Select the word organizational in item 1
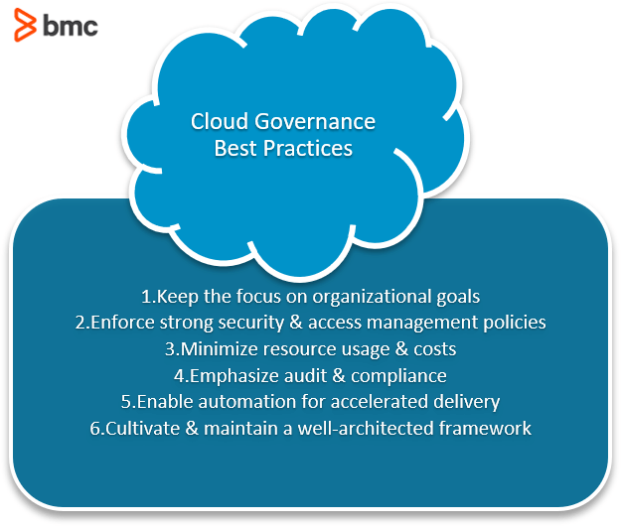click(373, 296)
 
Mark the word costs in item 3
click(434, 349)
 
